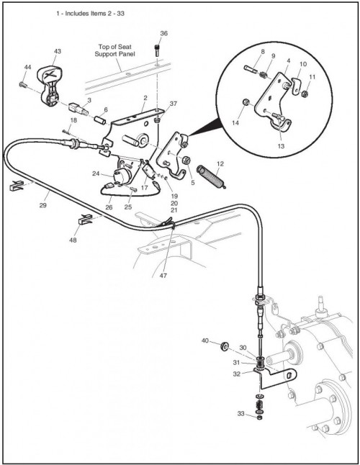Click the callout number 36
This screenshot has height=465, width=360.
(163, 33)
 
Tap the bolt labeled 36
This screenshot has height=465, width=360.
(157, 50)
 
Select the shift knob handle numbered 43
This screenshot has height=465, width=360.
(50, 86)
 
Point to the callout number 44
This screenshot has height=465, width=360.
(27, 68)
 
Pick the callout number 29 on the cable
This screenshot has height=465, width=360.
(43, 205)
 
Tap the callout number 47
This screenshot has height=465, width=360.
(163, 275)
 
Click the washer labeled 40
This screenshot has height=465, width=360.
(224, 346)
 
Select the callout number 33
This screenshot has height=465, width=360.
(240, 413)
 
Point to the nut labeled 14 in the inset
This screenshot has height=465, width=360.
(246, 103)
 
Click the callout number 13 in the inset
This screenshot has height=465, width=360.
(281, 146)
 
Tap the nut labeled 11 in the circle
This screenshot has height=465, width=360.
(305, 94)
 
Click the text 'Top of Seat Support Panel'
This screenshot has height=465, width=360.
(114, 50)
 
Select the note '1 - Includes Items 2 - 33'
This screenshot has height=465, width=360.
(90, 14)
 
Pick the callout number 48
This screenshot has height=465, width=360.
(73, 240)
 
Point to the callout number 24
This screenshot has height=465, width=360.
(96, 173)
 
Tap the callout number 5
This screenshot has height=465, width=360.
(193, 183)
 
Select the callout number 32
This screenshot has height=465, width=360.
(236, 374)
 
